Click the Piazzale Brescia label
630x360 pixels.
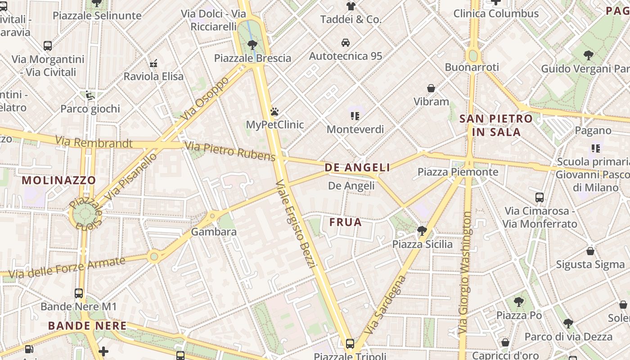pyautogui.click(x=252, y=58)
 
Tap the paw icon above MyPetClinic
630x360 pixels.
pyautogui.click(x=274, y=111)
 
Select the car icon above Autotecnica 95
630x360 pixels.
pyautogui.click(x=346, y=43)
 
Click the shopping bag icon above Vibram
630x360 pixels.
pyautogui.click(x=431, y=88)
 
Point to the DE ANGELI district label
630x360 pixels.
pyautogui.click(x=357, y=167)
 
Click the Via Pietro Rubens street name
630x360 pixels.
pyautogui.click(x=230, y=151)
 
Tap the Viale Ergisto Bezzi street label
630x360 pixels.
pyautogui.click(x=294, y=224)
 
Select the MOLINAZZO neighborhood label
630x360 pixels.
pyautogui.click(x=59, y=180)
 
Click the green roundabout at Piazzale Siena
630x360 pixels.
pyautogui.click(x=85, y=214)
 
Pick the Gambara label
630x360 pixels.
pyautogui.click(x=214, y=232)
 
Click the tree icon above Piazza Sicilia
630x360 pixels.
pyautogui.click(x=422, y=231)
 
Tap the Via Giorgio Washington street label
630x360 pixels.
pyautogui.click(x=465, y=273)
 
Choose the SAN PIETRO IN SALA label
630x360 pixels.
pyautogui.click(x=496, y=126)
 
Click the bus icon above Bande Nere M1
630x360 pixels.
pyautogui.click(x=79, y=293)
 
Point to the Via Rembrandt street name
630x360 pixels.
pyautogui.click(x=94, y=143)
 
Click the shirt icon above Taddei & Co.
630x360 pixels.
pyautogui.click(x=351, y=6)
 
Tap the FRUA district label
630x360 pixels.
pyautogui.click(x=345, y=222)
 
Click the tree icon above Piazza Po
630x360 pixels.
pyautogui.click(x=519, y=302)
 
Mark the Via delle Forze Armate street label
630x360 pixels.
pyautogui.click(x=67, y=267)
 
